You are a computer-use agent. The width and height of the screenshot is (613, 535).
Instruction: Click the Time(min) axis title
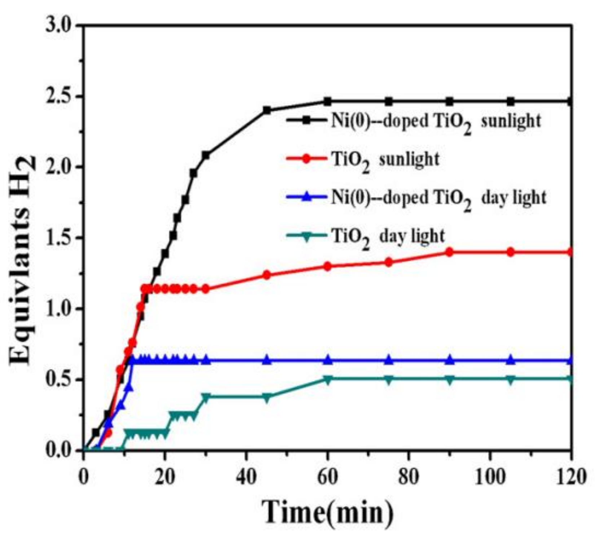click(x=327, y=511)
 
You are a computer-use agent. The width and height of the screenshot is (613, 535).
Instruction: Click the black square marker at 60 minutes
click(x=327, y=102)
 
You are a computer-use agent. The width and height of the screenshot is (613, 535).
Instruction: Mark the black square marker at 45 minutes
click(x=267, y=110)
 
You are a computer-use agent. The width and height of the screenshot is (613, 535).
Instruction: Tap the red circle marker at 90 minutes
click(x=449, y=252)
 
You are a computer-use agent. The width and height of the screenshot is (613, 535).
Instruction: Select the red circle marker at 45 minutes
click(x=267, y=275)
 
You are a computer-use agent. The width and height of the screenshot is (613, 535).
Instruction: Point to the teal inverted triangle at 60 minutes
click(x=327, y=380)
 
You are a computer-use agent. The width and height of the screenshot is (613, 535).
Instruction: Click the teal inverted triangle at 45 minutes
click(x=267, y=398)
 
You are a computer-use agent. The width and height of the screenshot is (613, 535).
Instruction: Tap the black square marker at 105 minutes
click(x=510, y=102)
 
